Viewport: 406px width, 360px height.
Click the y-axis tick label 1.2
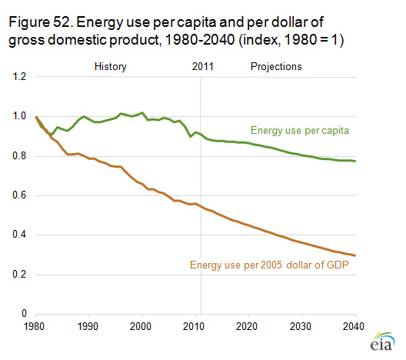click(x=19, y=77)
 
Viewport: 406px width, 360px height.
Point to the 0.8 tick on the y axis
click(x=19, y=156)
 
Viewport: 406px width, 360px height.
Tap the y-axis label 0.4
click(x=19, y=235)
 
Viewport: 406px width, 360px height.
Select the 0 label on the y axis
click(x=24, y=313)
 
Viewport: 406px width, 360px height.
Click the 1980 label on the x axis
click(x=34, y=326)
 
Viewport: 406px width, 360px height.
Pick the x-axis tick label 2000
click(x=141, y=326)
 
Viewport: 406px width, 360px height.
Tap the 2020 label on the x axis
click(x=247, y=326)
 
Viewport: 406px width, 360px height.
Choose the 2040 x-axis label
click(x=354, y=326)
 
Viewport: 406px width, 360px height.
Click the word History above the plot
click(x=111, y=67)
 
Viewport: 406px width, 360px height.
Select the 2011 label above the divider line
click(x=203, y=67)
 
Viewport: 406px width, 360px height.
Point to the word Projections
click(x=276, y=67)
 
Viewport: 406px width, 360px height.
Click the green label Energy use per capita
click(x=300, y=131)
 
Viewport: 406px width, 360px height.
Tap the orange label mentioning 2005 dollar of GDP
click(x=269, y=265)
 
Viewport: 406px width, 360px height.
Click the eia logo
click(x=382, y=342)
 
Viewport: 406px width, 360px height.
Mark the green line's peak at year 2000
click(x=142, y=112)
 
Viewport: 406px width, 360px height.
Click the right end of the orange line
click(x=355, y=255)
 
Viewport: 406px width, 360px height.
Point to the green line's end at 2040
click(x=355, y=161)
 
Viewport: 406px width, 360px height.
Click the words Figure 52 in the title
click(x=40, y=22)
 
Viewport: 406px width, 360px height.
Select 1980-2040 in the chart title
click(x=200, y=40)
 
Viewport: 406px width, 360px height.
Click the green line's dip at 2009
click(x=191, y=136)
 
